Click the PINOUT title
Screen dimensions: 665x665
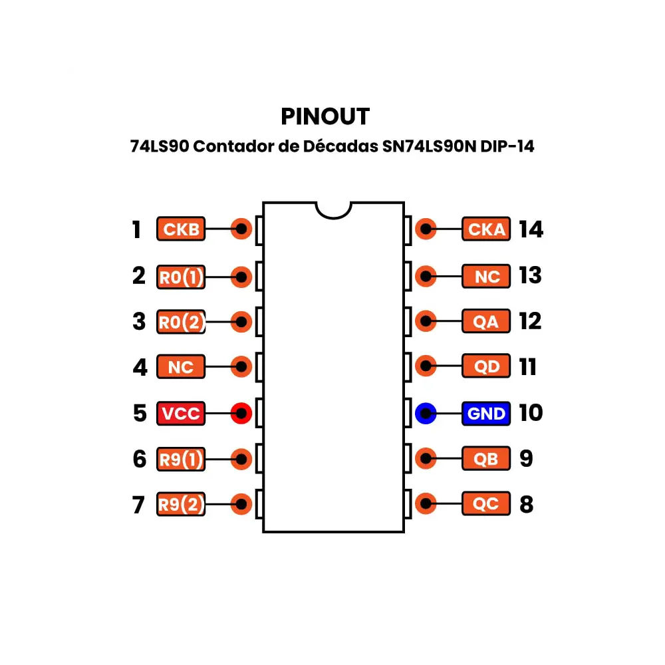pyautogui.click(x=325, y=116)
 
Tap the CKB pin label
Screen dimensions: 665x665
pyautogui.click(x=181, y=229)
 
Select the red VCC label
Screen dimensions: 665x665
pyautogui.click(x=181, y=414)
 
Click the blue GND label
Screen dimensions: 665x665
pyautogui.click(x=486, y=414)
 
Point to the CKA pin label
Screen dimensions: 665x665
pyautogui.click(x=486, y=229)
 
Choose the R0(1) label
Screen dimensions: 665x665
pyautogui.click(x=181, y=276)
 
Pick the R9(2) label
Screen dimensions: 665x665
pyautogui.click(x=181, y=505)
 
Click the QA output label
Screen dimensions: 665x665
pyautogui.click(x=486, y=322)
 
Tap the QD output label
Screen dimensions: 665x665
pyautogui.click(x=486, y=366)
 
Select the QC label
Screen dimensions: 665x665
pyautogui.click(x=486, y=505)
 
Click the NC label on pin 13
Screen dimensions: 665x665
pyautogui.click(x=486, y=276)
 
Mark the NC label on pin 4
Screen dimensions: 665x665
pyautogui.click(x=181, y=366)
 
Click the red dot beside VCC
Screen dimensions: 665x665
pyautogui.click(x=241, y=414)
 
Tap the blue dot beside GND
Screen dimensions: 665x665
pyautogui.click(x=425, y=414)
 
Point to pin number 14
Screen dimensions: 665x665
pyautogui.click(x=531, y=229)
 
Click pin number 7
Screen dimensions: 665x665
pyautogui.click(x=138, y=505)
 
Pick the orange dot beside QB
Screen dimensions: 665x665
pyautogui.click(x=425, y=459)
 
